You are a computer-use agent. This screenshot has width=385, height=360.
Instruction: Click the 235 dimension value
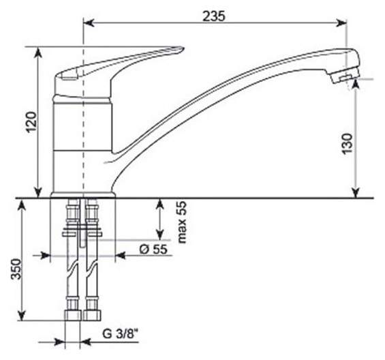coord(213,16)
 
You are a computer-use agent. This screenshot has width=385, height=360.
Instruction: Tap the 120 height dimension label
coord(31,122)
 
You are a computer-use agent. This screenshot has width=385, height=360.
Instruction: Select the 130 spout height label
coord(348,143)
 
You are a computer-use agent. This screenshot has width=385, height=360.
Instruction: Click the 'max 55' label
coord(182,222)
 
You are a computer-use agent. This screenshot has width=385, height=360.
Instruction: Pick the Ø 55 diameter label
coord(153,249)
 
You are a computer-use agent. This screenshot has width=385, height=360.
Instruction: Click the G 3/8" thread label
coord(121,334)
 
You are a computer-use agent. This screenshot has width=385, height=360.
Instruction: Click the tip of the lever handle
coord(182,48)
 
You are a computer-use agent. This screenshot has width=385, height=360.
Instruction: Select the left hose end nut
coord(73,316)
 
